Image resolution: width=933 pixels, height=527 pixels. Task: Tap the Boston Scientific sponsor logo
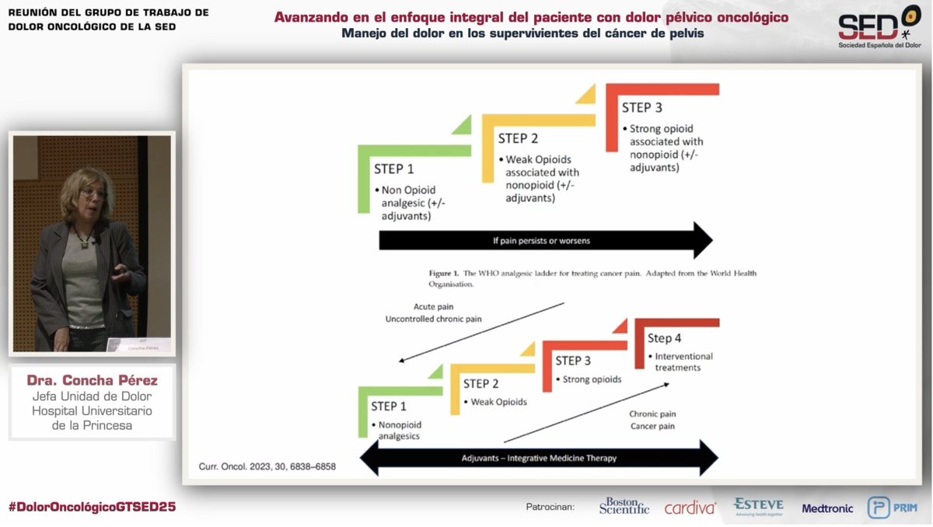tap(624, 506)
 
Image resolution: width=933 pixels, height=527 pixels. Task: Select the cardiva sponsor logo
tap(690, 508)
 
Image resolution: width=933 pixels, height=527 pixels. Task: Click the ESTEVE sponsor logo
tap(758, 506)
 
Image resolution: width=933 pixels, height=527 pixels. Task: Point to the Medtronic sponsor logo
tap(827, 508)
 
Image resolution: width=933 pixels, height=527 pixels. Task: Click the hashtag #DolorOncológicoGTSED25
tap(92, 507)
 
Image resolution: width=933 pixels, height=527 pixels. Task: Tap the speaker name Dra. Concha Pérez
tap(92, 381)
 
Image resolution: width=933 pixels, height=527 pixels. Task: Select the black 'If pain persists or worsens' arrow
tap(544, 240)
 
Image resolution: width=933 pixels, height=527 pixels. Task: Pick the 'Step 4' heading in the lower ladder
tap(664, 338)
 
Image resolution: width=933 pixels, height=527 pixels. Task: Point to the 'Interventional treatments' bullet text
tap(683, 361)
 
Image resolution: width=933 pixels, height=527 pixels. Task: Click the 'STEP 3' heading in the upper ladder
tap(641, 107)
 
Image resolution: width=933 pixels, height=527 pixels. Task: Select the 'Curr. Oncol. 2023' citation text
tap(262, 468)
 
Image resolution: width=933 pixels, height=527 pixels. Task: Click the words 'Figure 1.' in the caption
tap(446, 273)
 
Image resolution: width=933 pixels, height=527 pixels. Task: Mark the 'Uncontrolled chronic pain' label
tap(433, 319)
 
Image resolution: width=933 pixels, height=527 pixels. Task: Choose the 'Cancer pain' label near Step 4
tap(652, 426)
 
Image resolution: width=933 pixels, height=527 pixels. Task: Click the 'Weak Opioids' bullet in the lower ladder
tap(498, 402)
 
